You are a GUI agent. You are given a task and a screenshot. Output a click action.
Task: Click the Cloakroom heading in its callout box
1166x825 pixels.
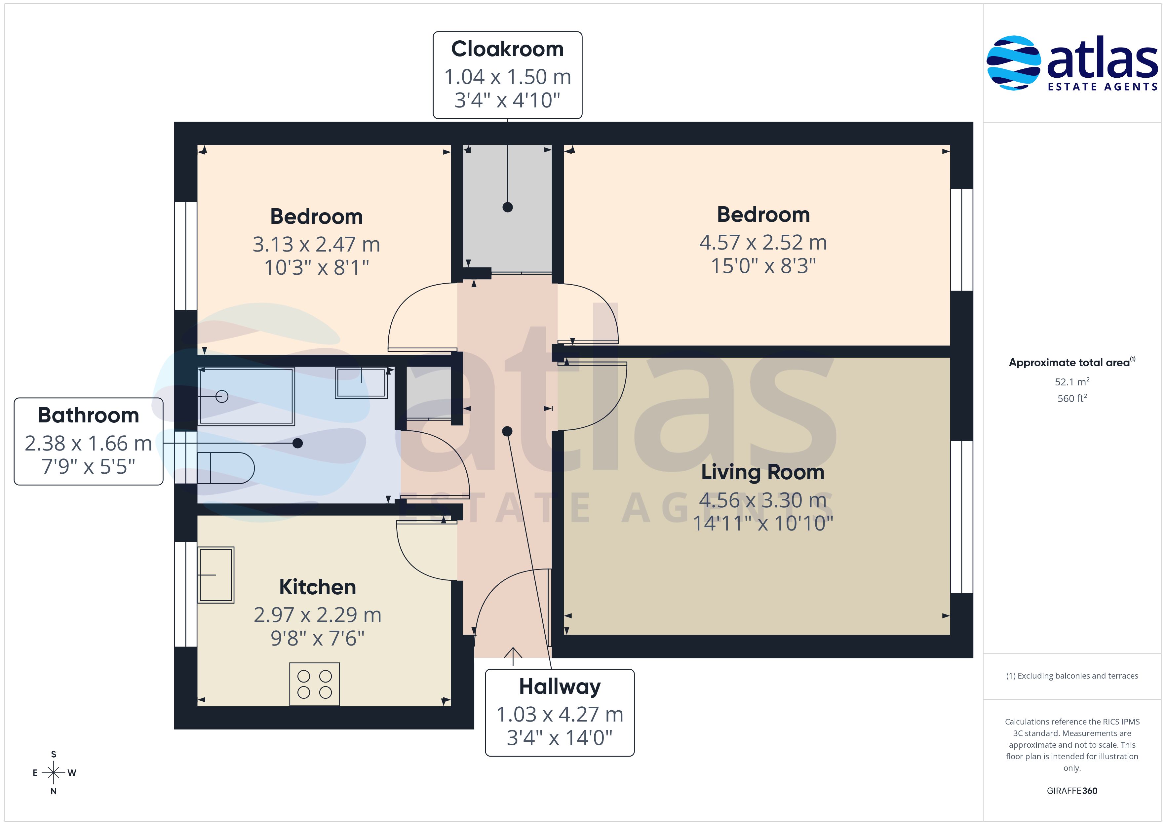[x=507, y=49]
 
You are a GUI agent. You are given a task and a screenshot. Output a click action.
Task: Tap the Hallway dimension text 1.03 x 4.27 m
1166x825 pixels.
[x=560, y=714]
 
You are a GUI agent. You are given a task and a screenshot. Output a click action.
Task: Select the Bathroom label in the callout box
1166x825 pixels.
[x=88, y=415]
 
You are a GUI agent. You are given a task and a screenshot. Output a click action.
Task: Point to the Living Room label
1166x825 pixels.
[x=763, y=472]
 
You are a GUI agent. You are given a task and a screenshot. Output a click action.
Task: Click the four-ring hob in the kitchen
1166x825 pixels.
[x=314, y=684]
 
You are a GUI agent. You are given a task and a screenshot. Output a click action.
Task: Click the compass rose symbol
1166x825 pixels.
[x=53, y=773]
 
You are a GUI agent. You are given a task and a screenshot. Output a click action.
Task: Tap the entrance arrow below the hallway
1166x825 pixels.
[x=513, y=656]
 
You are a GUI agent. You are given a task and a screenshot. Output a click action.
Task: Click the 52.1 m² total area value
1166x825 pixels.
[x=1071, y=381]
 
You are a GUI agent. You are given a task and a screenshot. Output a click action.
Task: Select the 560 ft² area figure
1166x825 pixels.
[x=1071, y=398]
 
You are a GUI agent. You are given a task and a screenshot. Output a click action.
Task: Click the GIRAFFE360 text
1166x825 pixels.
[x=1071, y=791]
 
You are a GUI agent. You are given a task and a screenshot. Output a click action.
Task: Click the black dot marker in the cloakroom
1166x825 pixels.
[x=507, y=207]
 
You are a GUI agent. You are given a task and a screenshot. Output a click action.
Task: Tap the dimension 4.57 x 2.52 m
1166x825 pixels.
[x=763, y=242]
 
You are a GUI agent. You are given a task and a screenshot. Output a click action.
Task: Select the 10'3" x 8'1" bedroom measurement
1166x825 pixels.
[x=316, y=267]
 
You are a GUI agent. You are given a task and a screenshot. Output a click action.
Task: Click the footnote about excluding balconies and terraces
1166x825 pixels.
[x=1071, y=676]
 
